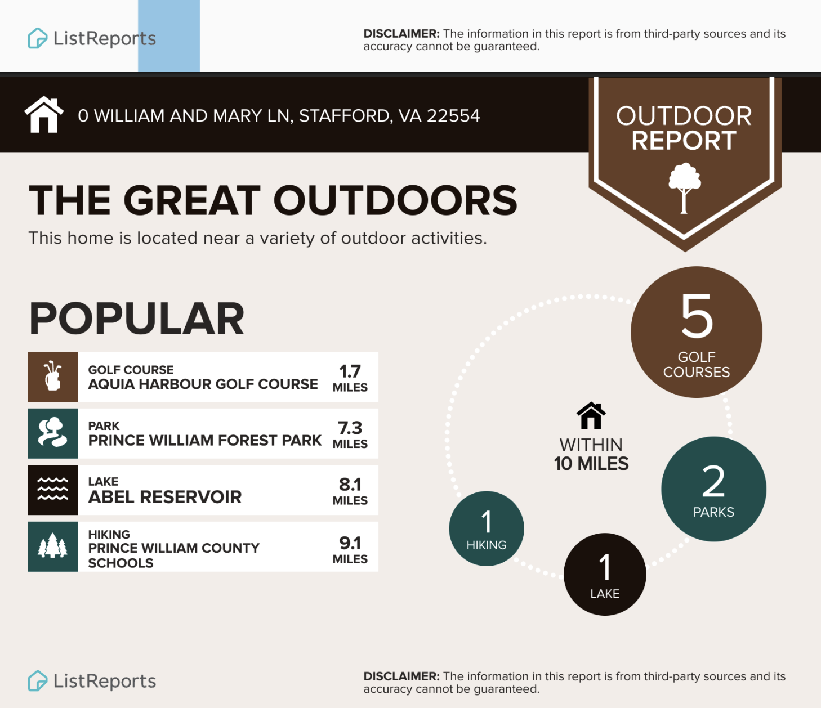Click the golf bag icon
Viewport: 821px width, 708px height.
pyautogui.click(x=53, y=375)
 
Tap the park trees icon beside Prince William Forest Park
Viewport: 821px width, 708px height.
pyautogui.click(x=52, y=432)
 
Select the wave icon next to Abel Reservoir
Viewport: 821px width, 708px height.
pyautogui.click(x=52, y=489)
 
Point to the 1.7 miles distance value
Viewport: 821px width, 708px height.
pyautogui.click(x=350, y=378)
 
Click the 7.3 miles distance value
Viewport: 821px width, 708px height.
pyautogui.click(x=350, y=434)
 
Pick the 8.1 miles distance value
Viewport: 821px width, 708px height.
pyautogui.click(x=350, y=491)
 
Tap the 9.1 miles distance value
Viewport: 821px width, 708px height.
pyautogui.click(x=350, y=549)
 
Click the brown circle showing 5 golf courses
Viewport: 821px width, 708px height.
pyautogui.click(x=697, y=332)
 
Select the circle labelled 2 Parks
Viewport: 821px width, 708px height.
pyautogui.click(x=714, y=489)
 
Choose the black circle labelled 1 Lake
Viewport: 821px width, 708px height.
pyautogui.click(x=605, y=574)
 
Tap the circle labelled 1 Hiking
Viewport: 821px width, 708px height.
pyautogui.click(x=487, y=528)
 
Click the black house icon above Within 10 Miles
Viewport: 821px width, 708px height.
pyautogui.click(x=591, y=415)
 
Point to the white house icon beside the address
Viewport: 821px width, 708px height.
pyautogui.click(x=44, y=114)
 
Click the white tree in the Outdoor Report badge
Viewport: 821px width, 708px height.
pyautogui.click(x=684, y=188)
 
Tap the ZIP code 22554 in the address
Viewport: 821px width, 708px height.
pyautogui.click(x=453, y=116)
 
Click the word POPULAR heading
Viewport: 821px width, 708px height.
pyautogui.click(x=137, y=319)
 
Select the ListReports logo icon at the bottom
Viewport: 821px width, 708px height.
pyautogui.click(x=38, y=680)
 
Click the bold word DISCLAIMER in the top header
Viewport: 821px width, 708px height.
pyautogui.click(x=401, y=34)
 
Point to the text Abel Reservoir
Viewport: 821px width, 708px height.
pyautogui.click(x=165, y=497)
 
